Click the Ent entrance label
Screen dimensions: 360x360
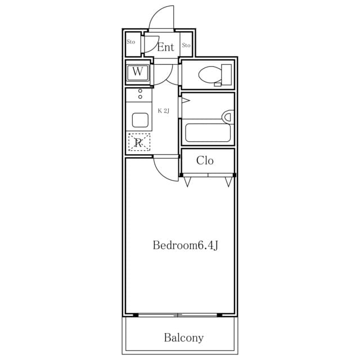pos(165,47)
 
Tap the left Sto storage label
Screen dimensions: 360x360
pos(130,42)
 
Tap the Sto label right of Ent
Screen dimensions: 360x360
pos(186,45)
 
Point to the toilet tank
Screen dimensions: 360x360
pos(227,74)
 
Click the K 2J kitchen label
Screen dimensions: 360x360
pos(163,111)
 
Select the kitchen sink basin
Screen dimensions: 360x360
pos(139,120)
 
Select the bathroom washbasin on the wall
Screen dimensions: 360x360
pos(227,117)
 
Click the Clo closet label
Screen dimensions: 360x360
pos(205,161)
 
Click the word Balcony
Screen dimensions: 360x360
pos(183,338)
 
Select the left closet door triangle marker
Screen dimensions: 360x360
pos(187,182)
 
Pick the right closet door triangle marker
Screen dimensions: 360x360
pos(228,182)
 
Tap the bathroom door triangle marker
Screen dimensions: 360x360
pos(186,101)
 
